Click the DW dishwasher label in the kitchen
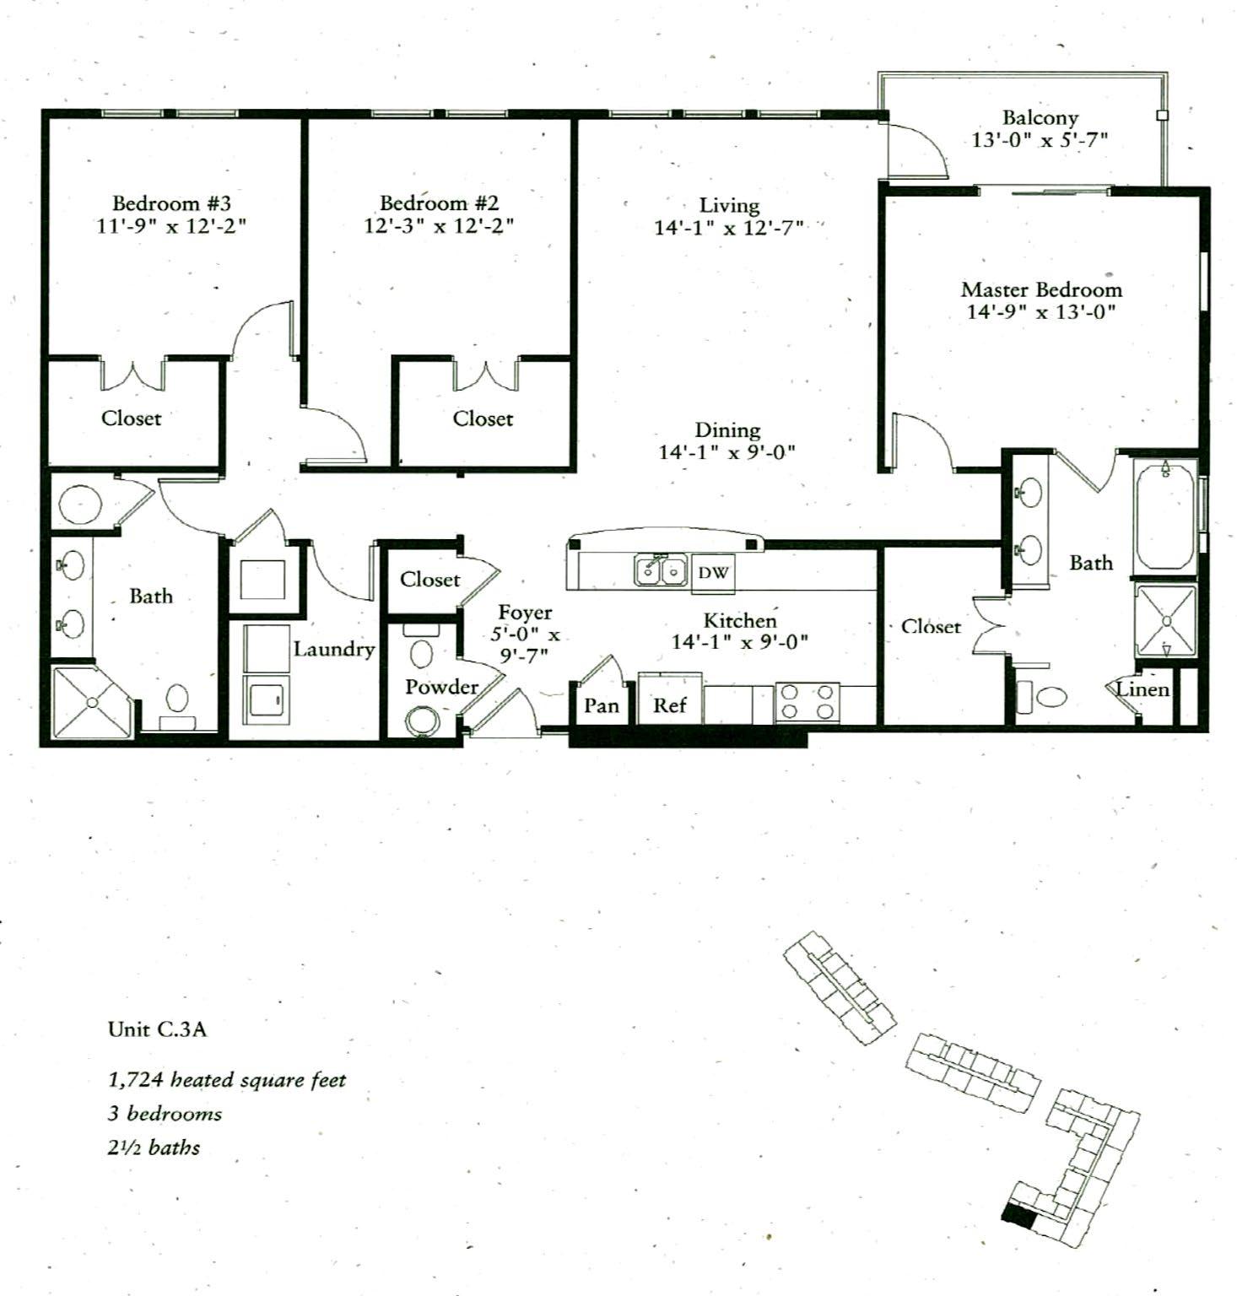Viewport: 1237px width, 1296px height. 713,573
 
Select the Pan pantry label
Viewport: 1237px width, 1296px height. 602,705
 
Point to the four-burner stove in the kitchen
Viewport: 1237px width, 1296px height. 806,702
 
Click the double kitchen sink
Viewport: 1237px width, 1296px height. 661,570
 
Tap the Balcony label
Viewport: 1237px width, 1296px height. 1040,117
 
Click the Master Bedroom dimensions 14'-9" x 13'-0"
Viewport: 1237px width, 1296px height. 1041,312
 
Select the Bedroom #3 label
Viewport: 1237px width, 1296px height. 171,203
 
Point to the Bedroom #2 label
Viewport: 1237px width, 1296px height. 439,203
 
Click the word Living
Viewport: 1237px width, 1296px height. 729,205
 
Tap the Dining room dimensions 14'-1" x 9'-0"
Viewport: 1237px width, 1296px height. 727,452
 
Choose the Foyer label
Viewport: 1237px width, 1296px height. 525,613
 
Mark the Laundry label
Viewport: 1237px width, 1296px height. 334,649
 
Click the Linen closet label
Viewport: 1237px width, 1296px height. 1142,689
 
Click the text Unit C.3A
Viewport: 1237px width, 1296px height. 157,1029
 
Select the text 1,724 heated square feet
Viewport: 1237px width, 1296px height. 227,1080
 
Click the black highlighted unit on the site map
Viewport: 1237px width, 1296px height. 1019,1217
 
